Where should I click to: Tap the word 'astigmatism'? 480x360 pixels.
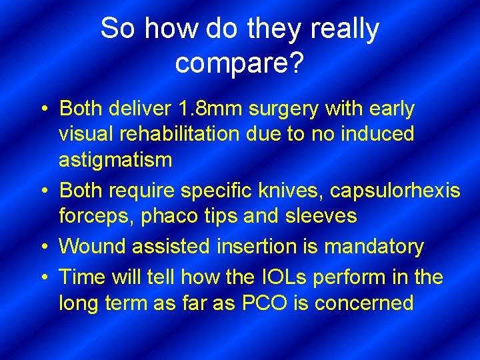coord(115,160)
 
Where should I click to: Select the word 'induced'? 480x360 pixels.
coord(377,134)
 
